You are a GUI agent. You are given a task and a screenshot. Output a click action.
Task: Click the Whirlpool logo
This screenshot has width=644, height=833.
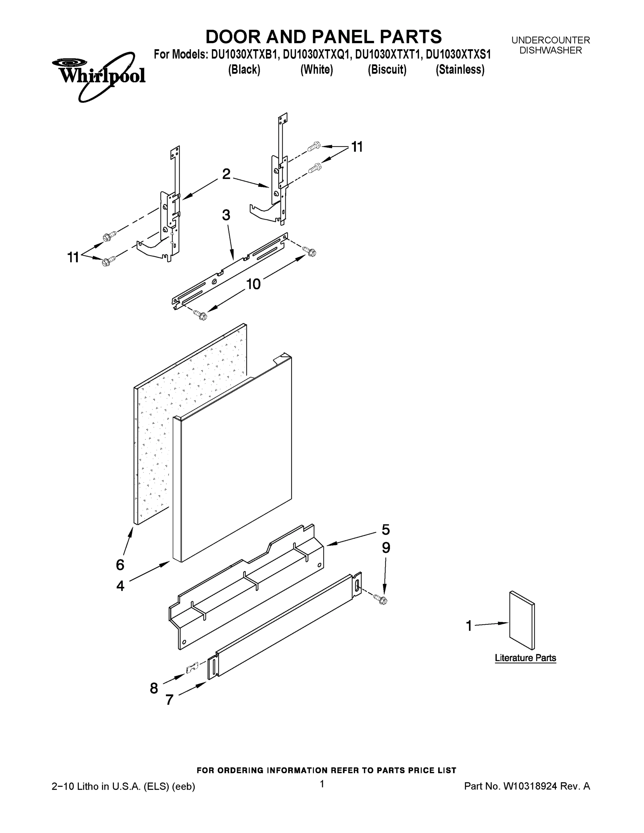(99, 76)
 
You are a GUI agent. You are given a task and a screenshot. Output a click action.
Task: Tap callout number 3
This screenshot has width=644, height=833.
(226, 215)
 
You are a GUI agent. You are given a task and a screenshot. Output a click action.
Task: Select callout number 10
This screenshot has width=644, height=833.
(253, 284)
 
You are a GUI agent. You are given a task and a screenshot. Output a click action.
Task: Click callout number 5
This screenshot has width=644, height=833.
(386, 530)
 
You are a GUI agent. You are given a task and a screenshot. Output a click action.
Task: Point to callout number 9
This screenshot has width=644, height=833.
(386, 548)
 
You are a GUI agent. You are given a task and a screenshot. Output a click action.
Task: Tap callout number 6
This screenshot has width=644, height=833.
(120, 565)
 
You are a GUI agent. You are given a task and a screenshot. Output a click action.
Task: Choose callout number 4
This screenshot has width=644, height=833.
(120, 586)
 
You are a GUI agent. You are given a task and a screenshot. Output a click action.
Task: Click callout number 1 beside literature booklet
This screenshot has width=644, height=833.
(469, 626)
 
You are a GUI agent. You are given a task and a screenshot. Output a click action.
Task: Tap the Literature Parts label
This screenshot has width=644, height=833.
(525, 658)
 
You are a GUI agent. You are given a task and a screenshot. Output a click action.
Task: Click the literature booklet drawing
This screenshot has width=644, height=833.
(522, 620)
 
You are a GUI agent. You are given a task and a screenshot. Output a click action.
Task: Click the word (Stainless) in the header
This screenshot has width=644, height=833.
(460, 70)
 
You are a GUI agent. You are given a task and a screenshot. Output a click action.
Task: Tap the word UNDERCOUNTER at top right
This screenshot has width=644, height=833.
(550, 40)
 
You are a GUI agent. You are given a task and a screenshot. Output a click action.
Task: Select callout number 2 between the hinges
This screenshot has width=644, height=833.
(226, 174)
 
